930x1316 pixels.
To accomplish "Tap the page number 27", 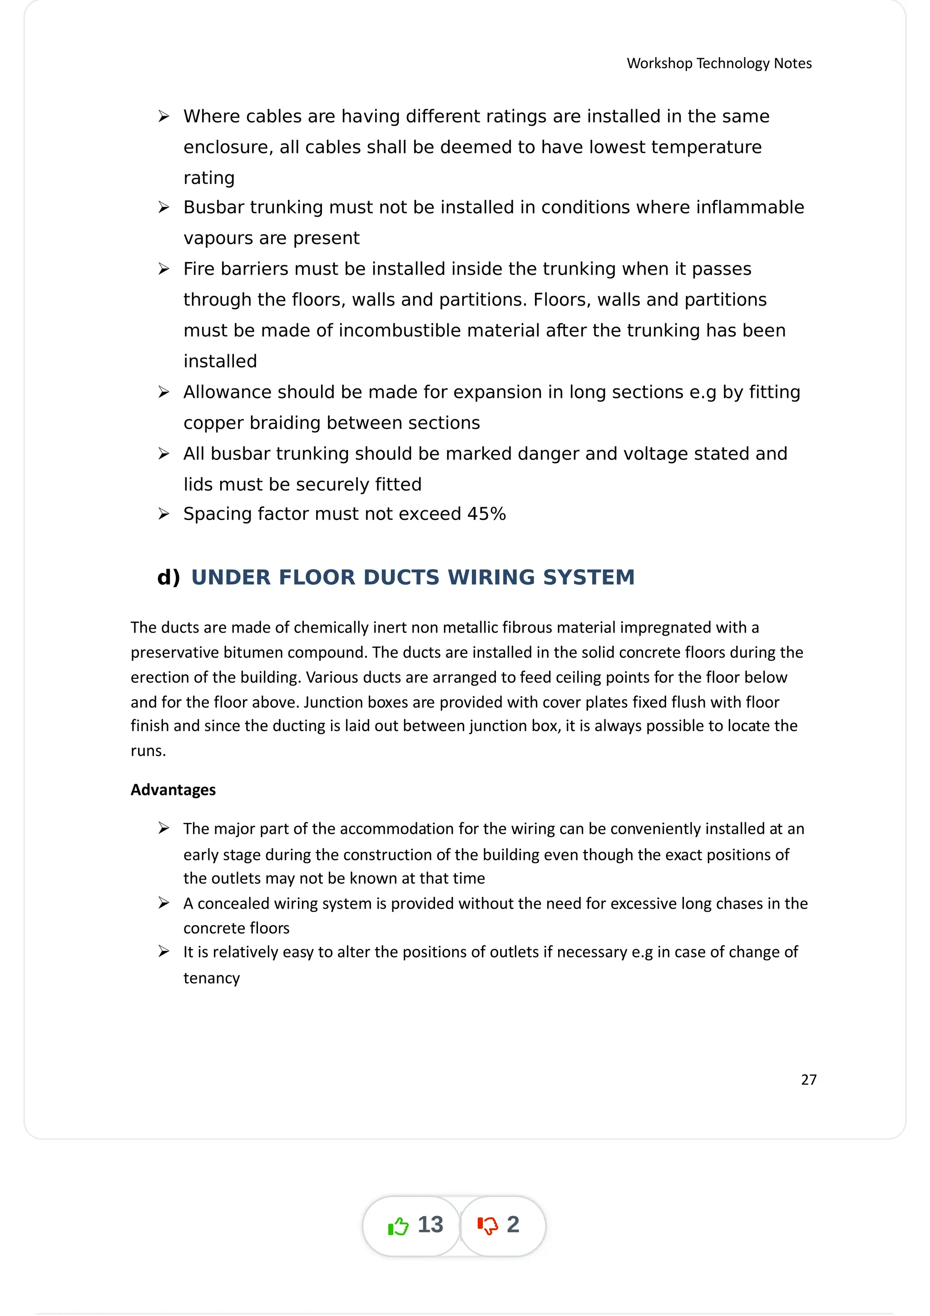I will click(808, 1079).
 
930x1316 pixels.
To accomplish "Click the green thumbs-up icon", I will click(398, 1226).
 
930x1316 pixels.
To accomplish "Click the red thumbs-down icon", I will click(488, 1226).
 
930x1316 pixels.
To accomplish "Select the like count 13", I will click(430, 1225).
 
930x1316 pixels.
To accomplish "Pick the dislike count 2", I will click(513, 1225).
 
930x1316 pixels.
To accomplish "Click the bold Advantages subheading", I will click(173, 790).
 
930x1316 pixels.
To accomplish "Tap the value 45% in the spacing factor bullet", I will click(486, 514).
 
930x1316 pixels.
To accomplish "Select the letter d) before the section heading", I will click(168, 577).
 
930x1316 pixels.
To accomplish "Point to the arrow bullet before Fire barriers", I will click(164, 269).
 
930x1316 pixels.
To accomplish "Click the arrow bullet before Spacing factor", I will click(164, 514).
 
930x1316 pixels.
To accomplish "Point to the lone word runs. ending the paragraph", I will click(148, 751).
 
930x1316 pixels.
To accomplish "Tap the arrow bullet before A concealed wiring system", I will click(164, 903).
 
